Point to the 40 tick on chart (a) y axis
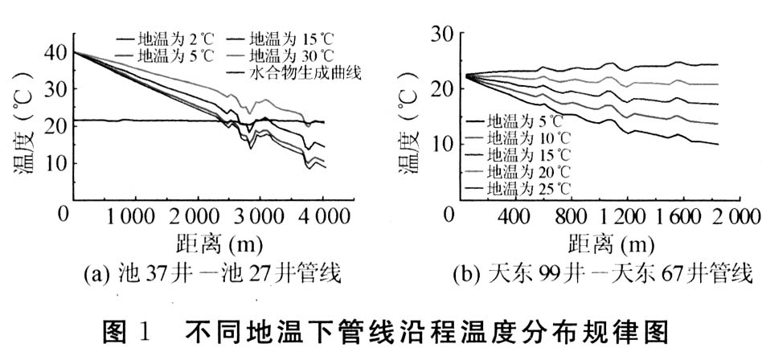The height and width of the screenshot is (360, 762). pos(57,52)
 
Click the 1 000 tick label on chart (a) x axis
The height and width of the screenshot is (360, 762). pos(133,216)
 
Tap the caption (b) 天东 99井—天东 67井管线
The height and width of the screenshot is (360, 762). pos(588,274)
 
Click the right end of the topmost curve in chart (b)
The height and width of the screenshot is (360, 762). pos(715,64)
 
